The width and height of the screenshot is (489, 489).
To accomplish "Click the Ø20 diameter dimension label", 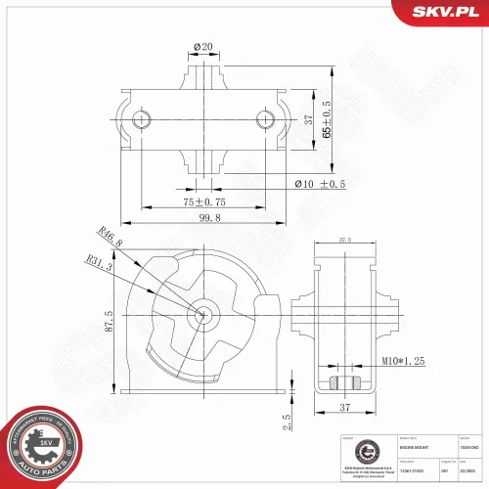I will click(202, 47).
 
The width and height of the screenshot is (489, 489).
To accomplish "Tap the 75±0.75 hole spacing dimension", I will click(203, 201).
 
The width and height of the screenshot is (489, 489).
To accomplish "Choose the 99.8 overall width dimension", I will click(202, 221).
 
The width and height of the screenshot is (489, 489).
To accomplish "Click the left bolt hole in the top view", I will click(144, 119).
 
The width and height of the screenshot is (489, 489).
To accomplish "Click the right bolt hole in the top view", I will click(265, 119).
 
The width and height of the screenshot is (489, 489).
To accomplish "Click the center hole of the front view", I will click(202, 315).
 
